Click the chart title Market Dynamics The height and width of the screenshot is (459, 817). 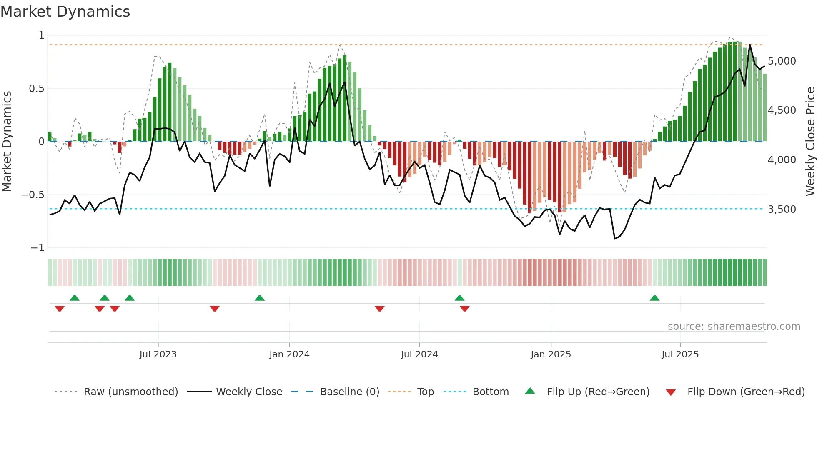pyautogui.click(x=65, y=12)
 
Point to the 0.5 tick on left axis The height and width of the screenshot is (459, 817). pyautogui.click(x=36, y=88)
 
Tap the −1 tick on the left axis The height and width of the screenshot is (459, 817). pyautogui.click(x=37, y=248)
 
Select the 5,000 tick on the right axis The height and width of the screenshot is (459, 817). pyautogui.click(x=782, y=61)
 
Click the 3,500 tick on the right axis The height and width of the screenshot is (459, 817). pyautogui.click(x=782, y=210)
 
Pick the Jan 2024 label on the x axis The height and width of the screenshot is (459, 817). pyautogui.click(x=289, y=354)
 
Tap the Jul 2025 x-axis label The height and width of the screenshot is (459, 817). pyautogui.click(x=680, y=354)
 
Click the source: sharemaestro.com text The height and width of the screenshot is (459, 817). pyautogui.click(x=734, y=327)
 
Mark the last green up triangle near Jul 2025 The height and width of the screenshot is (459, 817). pyautogui.click(x=654, y=298)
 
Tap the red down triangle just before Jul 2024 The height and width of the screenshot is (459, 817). pyautogui.click(x=379, y=308)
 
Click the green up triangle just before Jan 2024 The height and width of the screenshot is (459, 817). pyautogui.click(x=259, y=298)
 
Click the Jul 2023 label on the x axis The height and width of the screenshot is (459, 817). pyautogui.click(x=158, y=354)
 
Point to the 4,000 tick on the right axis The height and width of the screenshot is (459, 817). pyautogui.click(x=782, y=160)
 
